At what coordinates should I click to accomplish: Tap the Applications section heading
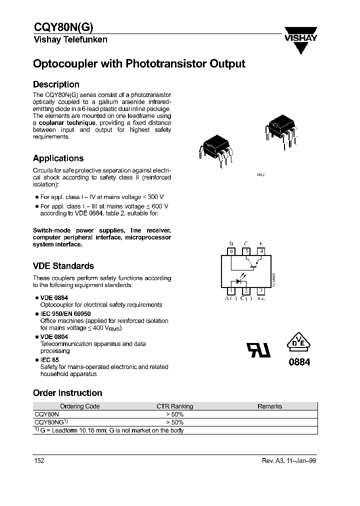point(58,158)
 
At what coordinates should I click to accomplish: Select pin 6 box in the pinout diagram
point(231,251)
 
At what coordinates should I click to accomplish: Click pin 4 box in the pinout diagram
point(260,251)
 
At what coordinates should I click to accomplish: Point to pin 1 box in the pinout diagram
point(231,291)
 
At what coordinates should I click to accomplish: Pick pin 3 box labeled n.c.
point(260,291)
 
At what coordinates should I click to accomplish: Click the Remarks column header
point(269,406)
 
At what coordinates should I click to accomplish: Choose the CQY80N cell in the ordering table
point(46,414)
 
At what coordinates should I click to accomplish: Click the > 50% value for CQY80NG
point(174,422)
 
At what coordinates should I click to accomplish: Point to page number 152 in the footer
point(39,460)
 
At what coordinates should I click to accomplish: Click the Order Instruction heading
point(67,393)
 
